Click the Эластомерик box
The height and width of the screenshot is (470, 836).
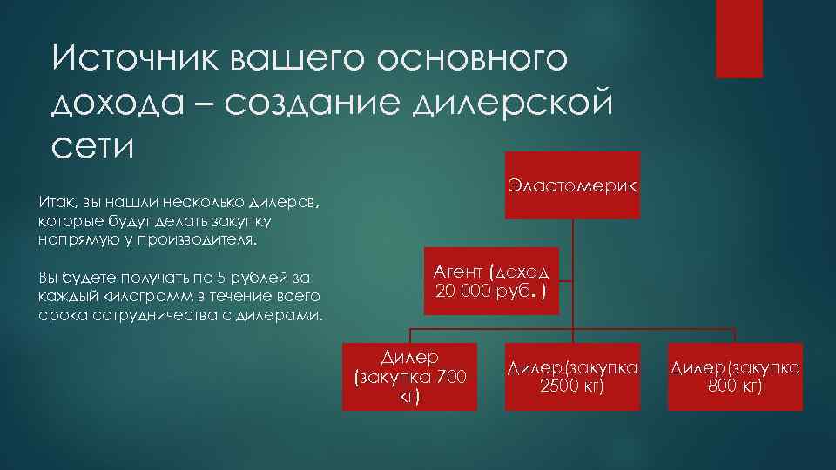point(572,185)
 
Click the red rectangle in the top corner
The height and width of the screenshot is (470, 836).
point(738,38)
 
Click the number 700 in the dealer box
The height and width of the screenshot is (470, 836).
point(451,376)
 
